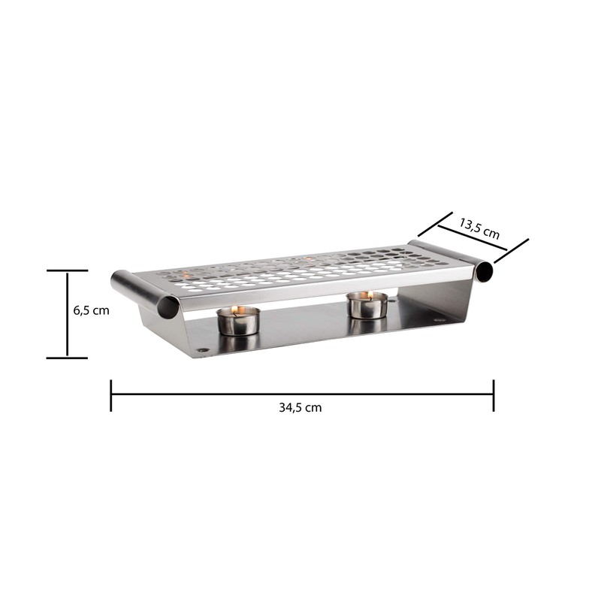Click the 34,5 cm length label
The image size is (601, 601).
300,407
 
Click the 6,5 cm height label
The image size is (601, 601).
91,310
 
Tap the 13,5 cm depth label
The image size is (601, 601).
479,228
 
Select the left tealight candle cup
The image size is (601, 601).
238,322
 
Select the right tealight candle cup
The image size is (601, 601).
367,305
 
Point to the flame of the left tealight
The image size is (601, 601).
235,310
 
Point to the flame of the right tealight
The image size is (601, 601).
370,294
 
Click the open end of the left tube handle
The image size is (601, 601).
168,308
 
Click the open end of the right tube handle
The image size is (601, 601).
485,272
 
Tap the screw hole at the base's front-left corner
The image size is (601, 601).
202,350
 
